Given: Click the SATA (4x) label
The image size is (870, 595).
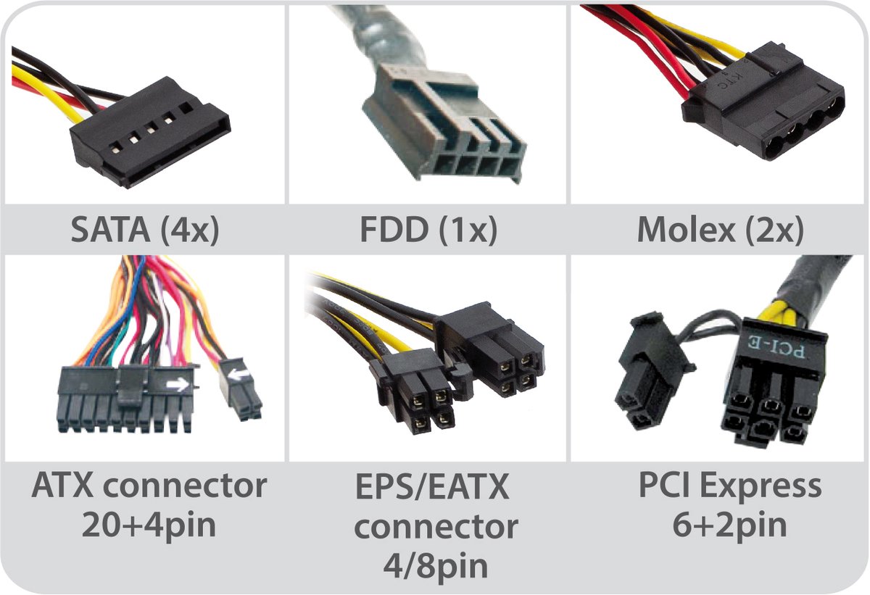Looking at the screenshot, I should (144, 230).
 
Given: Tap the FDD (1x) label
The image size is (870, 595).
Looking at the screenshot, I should (428, 230).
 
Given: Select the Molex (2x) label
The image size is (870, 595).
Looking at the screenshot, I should (720, 230).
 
